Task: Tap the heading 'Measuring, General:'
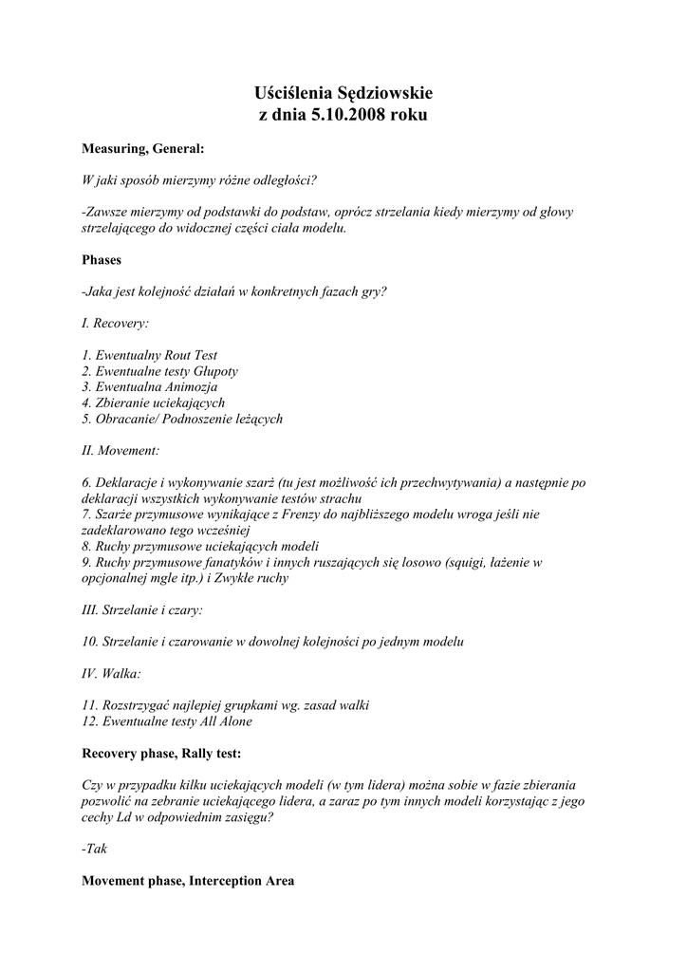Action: (x=142, y=149)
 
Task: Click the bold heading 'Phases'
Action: (x=102, y=258)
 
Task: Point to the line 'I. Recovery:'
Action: (x=116, y=323)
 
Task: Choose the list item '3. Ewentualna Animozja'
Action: (x=150, y=387)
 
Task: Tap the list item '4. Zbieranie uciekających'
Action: (x=154, y=402)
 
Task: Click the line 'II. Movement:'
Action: (x=121, y=451)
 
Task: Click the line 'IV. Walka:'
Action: (x=112, y=674)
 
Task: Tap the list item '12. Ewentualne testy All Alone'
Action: (x=168, y=721)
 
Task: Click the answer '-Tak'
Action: (x=95, y=850)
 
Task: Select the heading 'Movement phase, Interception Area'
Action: (x=188, y=881)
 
